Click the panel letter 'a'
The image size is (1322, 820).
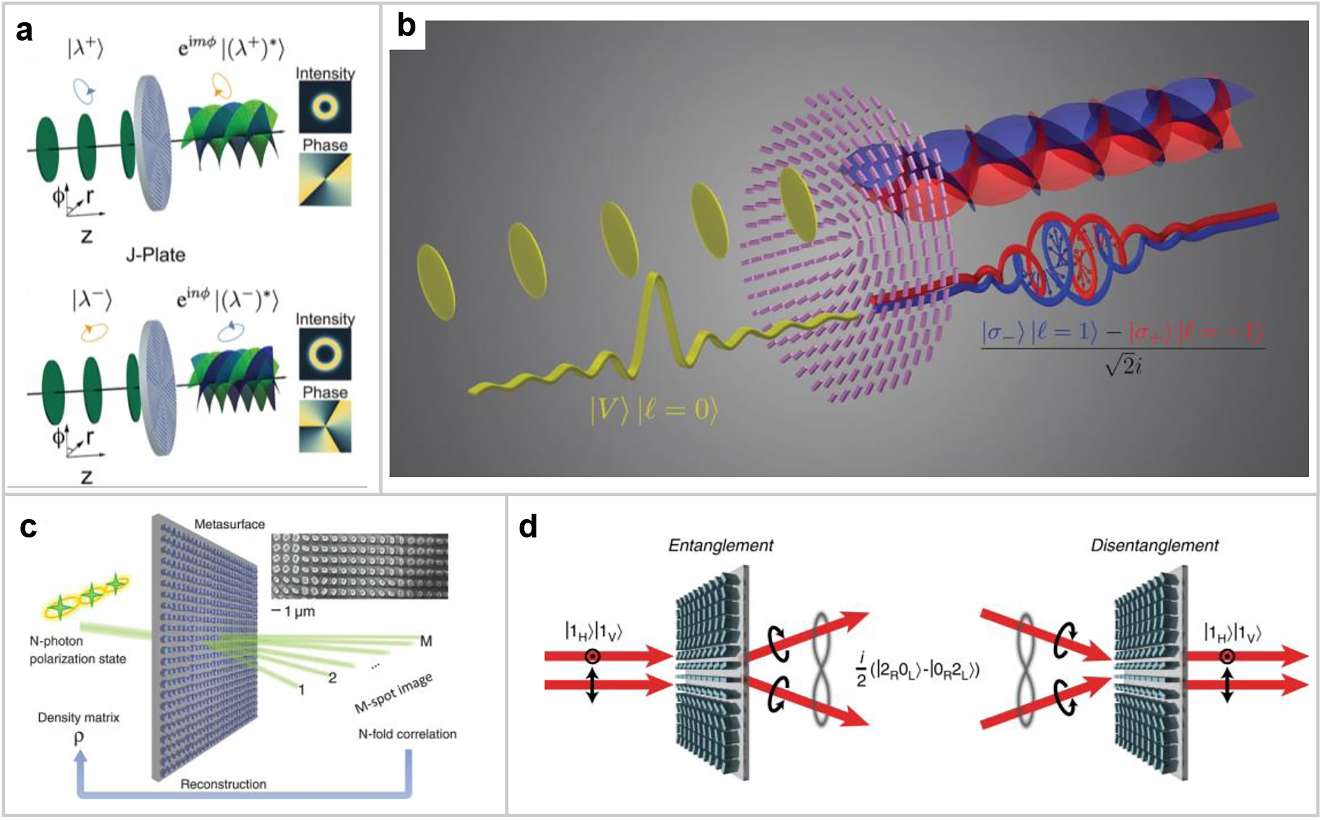pyautogui.click(x=24, y=31)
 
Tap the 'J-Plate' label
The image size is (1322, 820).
pyautogui.click(x=156, y=255)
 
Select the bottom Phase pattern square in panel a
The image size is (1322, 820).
pyautogui.click(x=325, y=426)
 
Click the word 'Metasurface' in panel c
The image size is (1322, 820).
pyautogui.click(x=229, y=524)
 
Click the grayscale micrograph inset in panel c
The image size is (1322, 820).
pyautogui.click(x=359, y=566)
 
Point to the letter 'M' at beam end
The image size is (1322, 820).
pyautogui.click(x=426, y=641)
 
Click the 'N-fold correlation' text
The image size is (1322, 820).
pyautogui.click(x=407, y=734)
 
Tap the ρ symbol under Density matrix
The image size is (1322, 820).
pyautogui.click(x=79, y=738)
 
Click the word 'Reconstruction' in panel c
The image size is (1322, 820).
pyautogui.click(x=223, y=784)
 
